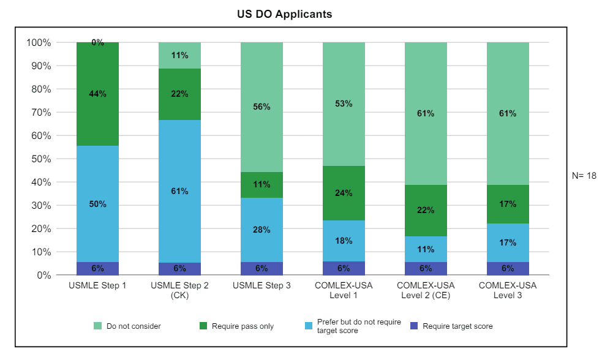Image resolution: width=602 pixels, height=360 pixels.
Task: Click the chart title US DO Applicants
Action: click(x=285, y=13)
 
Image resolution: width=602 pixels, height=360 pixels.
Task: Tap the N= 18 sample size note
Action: click(x=584, y=175)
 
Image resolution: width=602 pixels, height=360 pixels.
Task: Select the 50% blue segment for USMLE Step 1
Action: click(x=97, y=204)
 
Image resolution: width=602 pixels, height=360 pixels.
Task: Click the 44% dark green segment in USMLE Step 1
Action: click(x=97, y=94)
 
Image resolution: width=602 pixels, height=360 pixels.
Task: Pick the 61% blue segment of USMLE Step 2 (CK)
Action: click(x=179, y=191)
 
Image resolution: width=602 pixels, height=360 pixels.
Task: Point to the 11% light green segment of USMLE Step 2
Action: click(x=179, y=55)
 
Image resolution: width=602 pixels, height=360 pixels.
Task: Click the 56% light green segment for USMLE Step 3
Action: click(x=261, y=107)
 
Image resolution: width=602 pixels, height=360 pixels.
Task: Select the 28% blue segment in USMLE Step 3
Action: click(x=261, y=230)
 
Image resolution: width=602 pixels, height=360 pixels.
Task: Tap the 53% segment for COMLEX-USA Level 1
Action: click(x=344, y=103)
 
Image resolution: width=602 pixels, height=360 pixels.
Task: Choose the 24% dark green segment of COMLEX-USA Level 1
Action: click(x=344, y=193)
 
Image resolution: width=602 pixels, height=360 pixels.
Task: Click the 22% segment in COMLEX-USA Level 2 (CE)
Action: click(x=426, y=210)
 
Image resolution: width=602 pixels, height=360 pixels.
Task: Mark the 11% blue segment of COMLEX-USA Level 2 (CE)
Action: click(x=426, y=249)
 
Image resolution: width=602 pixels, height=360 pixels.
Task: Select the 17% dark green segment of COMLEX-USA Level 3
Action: click(x=508, y=204)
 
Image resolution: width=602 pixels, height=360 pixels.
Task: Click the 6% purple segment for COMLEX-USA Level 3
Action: click(x=508, y=268)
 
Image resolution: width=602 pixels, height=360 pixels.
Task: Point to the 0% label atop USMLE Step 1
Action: click(x=97, y=43)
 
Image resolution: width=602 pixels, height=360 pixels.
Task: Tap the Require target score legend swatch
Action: click(x=415, y=326)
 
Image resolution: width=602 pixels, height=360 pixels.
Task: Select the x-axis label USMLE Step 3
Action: click(x=261, y=285)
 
